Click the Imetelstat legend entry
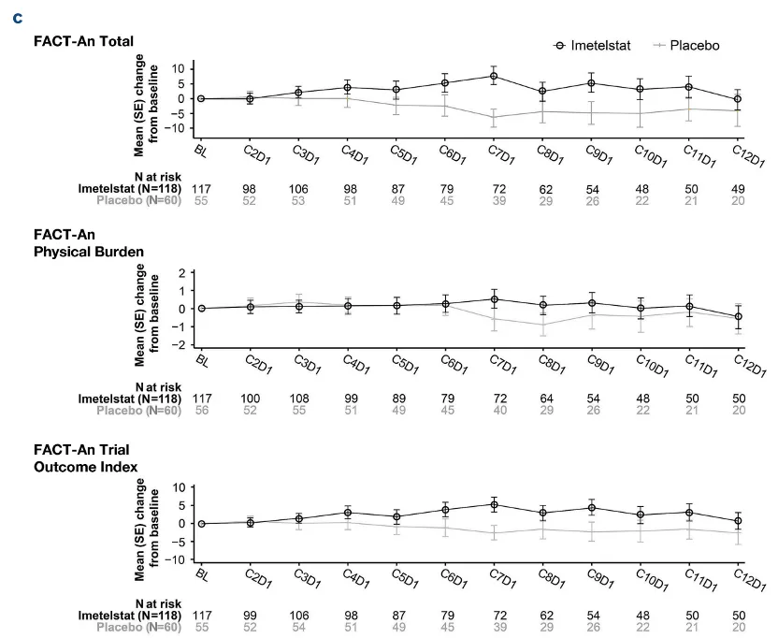pyautogui.click(x=591, y=46)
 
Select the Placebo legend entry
pyautogui.click(x=686, y=46)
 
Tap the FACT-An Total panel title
pyautogui.click(x=83, y=41)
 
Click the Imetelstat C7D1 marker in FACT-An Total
pyautogui.click(x=494, y=76)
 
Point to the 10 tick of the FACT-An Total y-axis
pyautogui.click(x=179, y=68)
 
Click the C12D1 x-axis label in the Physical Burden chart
pyautogui.click(x=750, y=366)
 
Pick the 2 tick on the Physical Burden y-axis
pyautogui.click(x=182, y=272)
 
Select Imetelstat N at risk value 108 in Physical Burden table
pyautogui.click(x=299, y=399)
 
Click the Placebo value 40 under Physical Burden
pyautogui.click(x=500, y=411)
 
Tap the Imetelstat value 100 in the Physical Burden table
pyautogui.click(x=250, y=399)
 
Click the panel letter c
pyautogui.click(x=18, y=19)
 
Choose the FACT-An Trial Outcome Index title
pyautogui.click(x=85, y=458)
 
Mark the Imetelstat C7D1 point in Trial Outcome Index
pyautogui.click(x=494, y=505)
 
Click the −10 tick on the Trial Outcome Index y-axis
pyautogui.click(x=176, y=560)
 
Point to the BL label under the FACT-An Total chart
pyautogui.click(x=201, y=152)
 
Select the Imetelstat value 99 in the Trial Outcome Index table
pyautogui.click(x=250, y=616)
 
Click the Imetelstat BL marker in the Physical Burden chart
pyautogui.click(x=201, y=309)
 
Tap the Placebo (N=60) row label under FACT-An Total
pyautogui.click(x=139, y=200)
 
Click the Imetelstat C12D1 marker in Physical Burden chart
pyautogui.click(x=739, y=316)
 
